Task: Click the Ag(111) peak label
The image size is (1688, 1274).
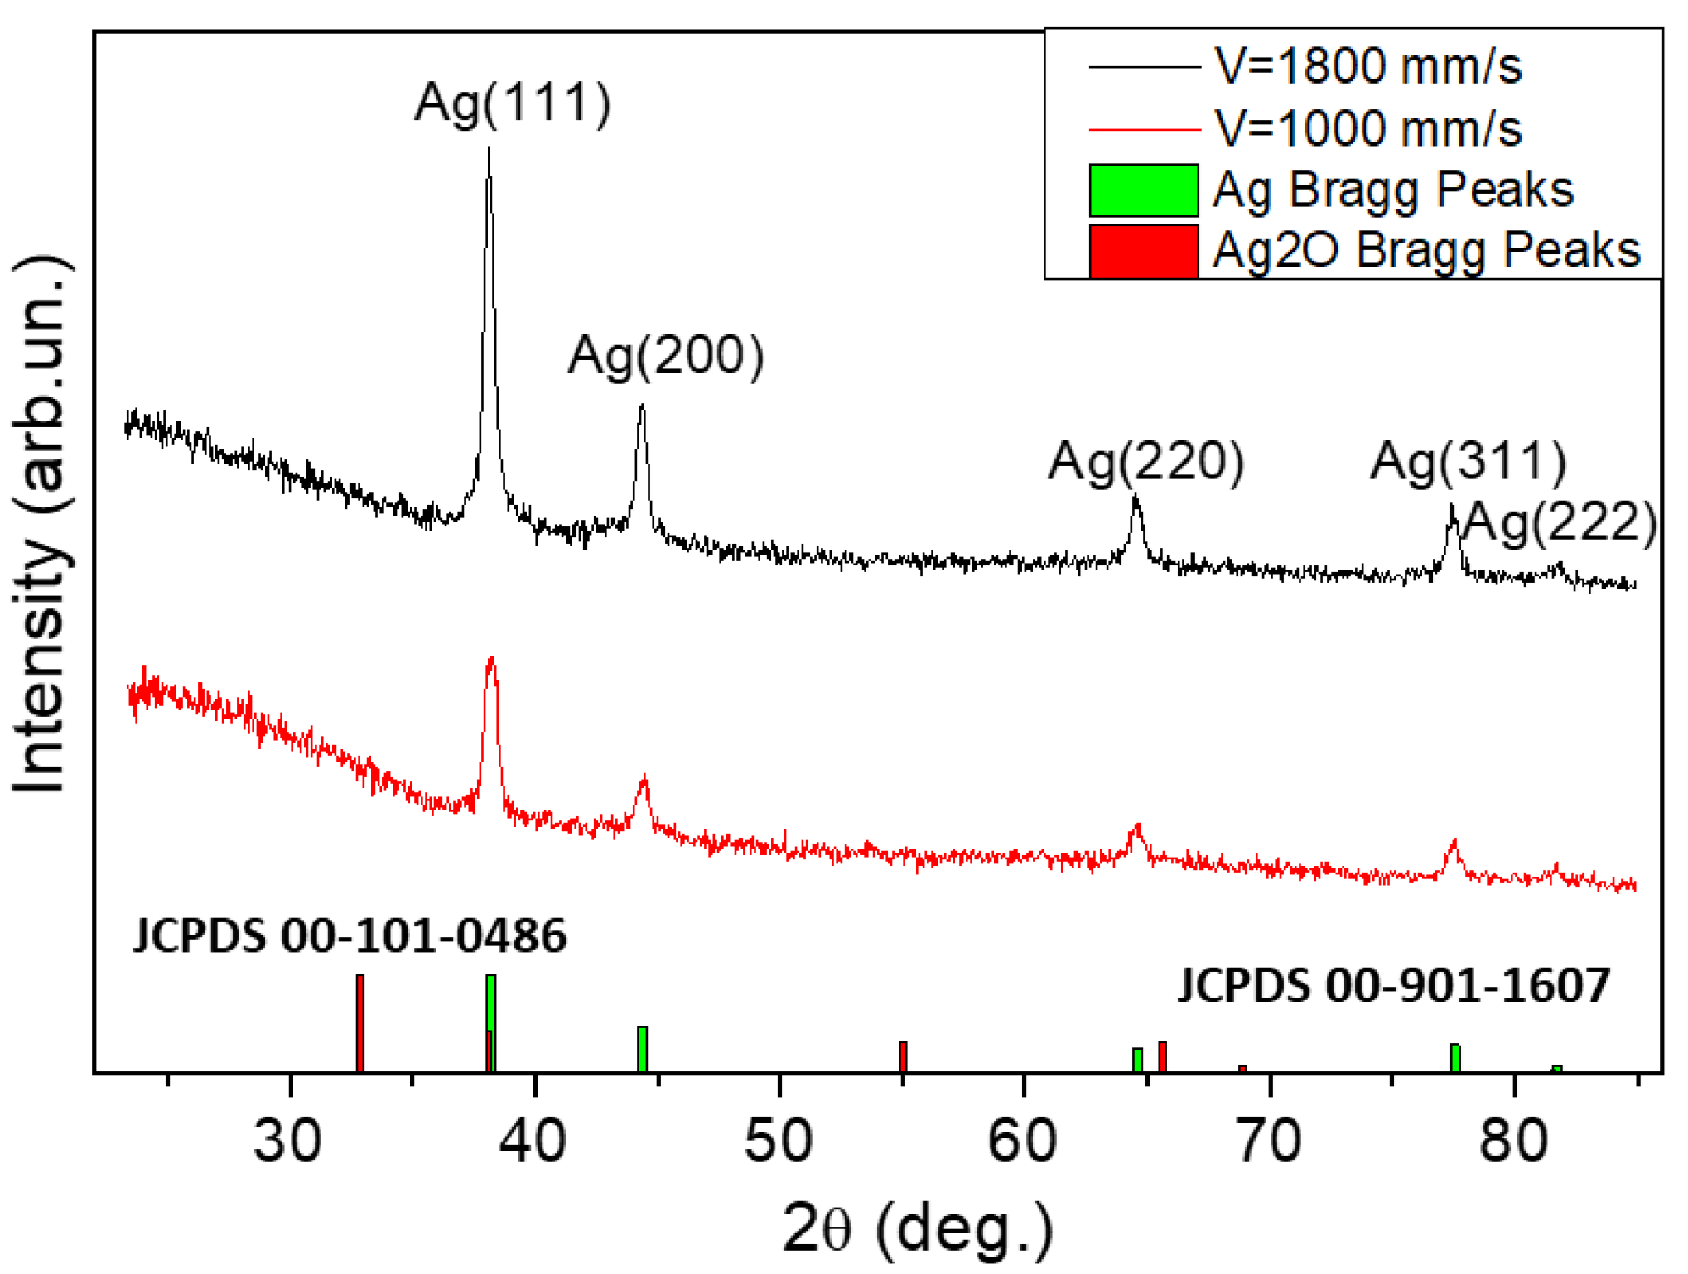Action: [x=513, y=103]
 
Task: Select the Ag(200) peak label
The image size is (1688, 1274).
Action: [x=666, y=356]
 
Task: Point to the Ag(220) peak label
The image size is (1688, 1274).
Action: [x=1146, y=461]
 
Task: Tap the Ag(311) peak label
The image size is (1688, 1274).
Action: [x=1469, y=461]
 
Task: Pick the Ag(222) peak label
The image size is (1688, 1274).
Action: [x=1560, y=523]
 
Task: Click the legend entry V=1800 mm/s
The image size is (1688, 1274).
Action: [x=1367, y=66]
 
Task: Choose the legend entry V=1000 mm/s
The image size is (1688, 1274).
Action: [x=1367, y=129]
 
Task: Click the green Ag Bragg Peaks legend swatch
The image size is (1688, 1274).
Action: [x=1143, y=190]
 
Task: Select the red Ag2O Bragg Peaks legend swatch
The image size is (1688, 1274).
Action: [x=1143, y=251]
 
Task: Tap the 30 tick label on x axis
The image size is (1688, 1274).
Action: [x=287, y=1141]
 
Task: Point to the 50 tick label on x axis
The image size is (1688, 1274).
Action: [x=778, y=1141]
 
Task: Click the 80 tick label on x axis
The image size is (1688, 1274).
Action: [x=1513, y=1141]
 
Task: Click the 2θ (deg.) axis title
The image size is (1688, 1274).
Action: [x=918, y=1228]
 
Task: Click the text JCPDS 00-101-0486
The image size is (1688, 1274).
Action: [x=350, y=936]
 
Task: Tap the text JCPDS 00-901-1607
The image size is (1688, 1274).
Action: [x=1394, y=985]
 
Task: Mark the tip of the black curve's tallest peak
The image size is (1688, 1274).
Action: [x=489, y=149]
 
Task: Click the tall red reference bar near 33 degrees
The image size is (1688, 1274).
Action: [x=360, y=1023]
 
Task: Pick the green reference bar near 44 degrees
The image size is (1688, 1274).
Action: [x=642, y=1049]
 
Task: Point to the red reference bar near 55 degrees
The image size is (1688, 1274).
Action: [x=903, y=1056]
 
